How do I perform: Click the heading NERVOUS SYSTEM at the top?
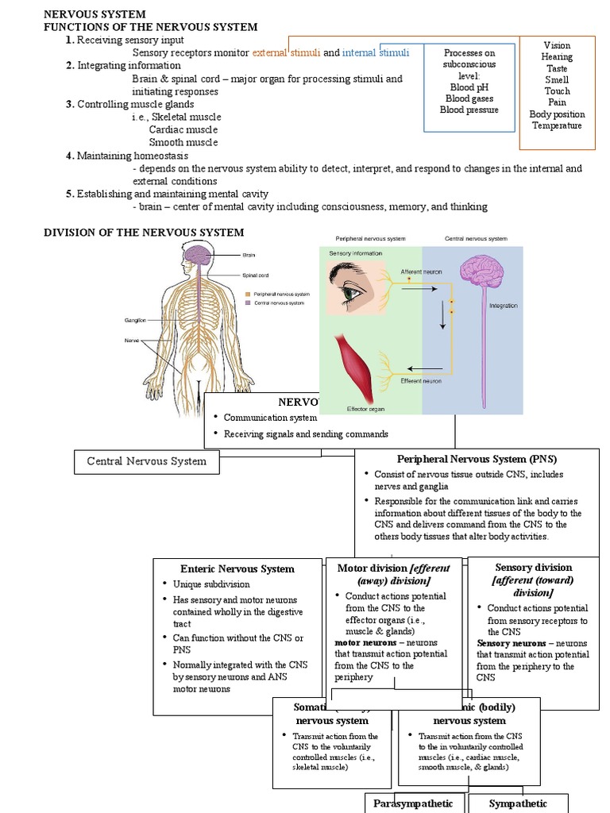(94, 14)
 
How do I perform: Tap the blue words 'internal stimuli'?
(376, 53)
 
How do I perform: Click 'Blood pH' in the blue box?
(473, 87)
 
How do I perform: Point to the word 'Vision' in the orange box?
(557, 46)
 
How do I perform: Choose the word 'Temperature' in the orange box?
(557, 125)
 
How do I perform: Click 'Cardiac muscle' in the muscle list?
(183, 129)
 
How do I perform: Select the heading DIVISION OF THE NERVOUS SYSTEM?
(143, 232)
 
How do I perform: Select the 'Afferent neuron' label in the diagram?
(421, 272)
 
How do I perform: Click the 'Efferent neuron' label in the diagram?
(422, 381)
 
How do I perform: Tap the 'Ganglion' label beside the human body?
(134, 321)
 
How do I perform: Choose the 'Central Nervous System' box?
(146, 461)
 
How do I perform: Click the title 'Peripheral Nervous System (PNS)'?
(477, 459)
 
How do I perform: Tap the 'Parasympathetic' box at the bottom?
(413, 803)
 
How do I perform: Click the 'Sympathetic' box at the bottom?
(518, 803)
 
